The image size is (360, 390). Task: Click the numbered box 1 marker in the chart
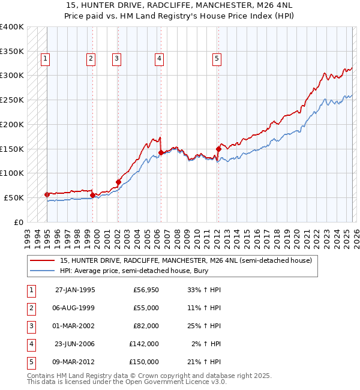pyautogui.click(x=46, y=58)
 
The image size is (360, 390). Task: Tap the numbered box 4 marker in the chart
pyautogui.click(x=159, y=58)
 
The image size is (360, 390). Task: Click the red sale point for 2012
pyautogui.click(x=218, y=149)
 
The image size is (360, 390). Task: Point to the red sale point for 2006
pyautogui.click(x=161, y=153)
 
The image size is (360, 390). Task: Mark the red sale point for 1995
pyautogui.click(x=47, y=194)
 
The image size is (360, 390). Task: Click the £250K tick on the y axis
pyautogui.click(x=12, y=100)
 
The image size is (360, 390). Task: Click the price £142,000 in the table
pyautogui.click(x=144, y=344)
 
